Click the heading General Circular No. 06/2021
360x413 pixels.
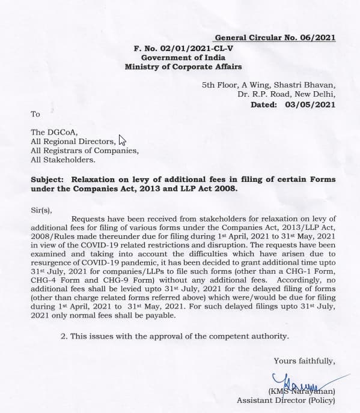coord(284,37)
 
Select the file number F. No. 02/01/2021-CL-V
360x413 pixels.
coord(181,47)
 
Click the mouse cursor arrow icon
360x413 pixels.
coord(123,140)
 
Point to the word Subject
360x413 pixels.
coord(47,179)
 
